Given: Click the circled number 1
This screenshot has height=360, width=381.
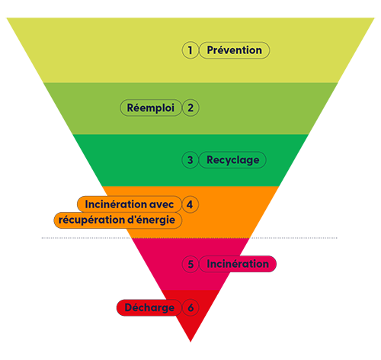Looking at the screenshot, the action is (x=190, y=50).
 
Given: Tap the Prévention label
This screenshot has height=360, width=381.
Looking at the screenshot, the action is (x=234, y=50).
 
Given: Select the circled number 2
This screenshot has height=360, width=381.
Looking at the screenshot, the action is (x=190, y=108).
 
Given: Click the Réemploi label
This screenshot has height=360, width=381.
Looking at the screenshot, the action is (x=151, y=108).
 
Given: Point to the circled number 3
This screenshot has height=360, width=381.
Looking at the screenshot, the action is (x=190, y=160).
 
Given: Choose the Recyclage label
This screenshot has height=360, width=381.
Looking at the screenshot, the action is (x=232, y=160).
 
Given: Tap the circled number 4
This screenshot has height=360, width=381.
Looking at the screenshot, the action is (x=190, y=204).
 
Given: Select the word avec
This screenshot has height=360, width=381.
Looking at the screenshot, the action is (x=162, y=205).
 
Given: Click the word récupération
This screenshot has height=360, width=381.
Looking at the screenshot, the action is (x=91, y=220).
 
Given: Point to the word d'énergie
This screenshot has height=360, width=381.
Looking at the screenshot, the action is (x=151, y=220).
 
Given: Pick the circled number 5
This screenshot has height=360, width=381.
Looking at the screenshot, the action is (x=190, y=264).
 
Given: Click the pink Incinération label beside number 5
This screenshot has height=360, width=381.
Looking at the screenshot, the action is (x=238, y=264).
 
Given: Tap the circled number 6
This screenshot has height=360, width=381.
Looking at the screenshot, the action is (x=190, y=307).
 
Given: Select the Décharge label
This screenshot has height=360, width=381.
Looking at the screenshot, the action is (x=149, y=307).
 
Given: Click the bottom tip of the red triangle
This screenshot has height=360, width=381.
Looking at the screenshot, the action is (x=190, y=342).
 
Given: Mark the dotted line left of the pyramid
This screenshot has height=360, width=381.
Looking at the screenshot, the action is (x=86, y=238).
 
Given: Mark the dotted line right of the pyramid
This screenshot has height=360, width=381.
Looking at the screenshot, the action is (x=293, y=238).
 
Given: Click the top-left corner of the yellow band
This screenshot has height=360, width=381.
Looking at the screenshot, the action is (x=7, y=18).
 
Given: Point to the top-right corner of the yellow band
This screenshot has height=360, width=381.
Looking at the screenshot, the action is (x=374, y=18).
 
